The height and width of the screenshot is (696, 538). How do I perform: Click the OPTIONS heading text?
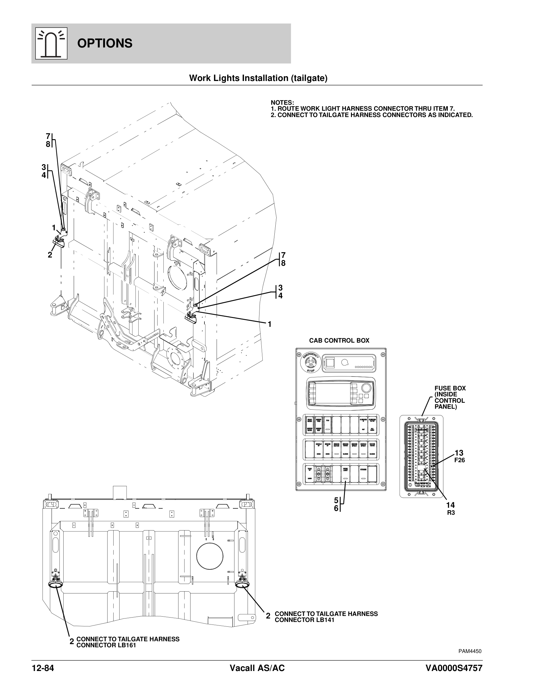(104, 43)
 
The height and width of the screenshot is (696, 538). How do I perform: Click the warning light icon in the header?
(51, 43)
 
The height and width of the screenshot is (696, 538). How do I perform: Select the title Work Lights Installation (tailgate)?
(258, 78)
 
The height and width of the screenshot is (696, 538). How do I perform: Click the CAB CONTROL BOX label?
(339, 340)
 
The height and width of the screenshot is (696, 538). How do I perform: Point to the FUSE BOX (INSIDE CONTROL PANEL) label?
(450, 397)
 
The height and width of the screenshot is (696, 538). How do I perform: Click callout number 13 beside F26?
(459, 453)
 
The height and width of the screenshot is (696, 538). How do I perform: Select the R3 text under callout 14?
(451, 513)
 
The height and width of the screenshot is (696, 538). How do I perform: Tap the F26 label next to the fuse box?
(460, 460)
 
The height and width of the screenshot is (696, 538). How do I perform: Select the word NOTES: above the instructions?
(282, 103)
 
